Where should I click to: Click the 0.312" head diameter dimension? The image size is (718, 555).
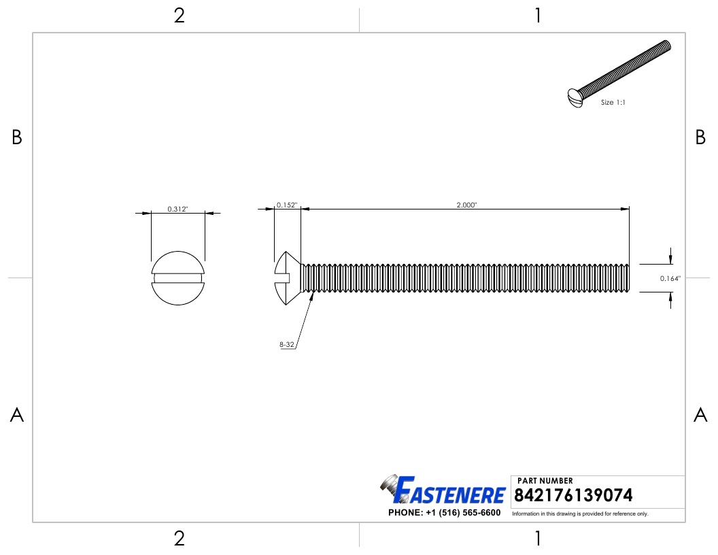tap(177, 209)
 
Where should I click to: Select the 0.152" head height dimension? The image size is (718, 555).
tap(287, 205)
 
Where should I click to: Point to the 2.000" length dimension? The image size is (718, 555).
tap(466, 205)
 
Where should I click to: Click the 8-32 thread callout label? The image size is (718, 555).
tap(286, 345)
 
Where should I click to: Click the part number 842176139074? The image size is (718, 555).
tap(575, 494)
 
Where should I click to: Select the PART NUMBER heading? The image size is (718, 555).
tap(545, 481)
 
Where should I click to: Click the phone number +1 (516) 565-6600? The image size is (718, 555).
tap(444, 513)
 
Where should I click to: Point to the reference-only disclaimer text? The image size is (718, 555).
tap(580, 514)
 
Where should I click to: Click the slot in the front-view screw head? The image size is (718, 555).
tap(177, 277)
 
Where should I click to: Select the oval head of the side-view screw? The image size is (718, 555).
tap(287, 277)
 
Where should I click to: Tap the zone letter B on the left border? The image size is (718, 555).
tap(17, 138)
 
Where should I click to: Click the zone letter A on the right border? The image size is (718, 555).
tap(700, 415)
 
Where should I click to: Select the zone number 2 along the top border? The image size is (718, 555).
tap(179, 16)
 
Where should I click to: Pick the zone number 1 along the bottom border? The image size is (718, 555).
tap(538, 539)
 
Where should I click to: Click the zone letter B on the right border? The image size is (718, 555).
tap(700, 138)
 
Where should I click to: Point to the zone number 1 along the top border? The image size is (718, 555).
tap(538, 16)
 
